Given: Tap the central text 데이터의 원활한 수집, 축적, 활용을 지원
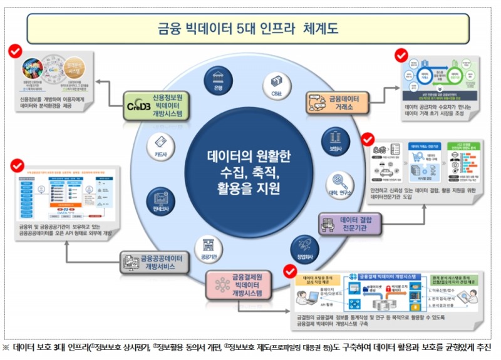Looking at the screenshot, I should [x=249, y=170].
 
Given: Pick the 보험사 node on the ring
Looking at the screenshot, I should [x=330, y=138].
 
